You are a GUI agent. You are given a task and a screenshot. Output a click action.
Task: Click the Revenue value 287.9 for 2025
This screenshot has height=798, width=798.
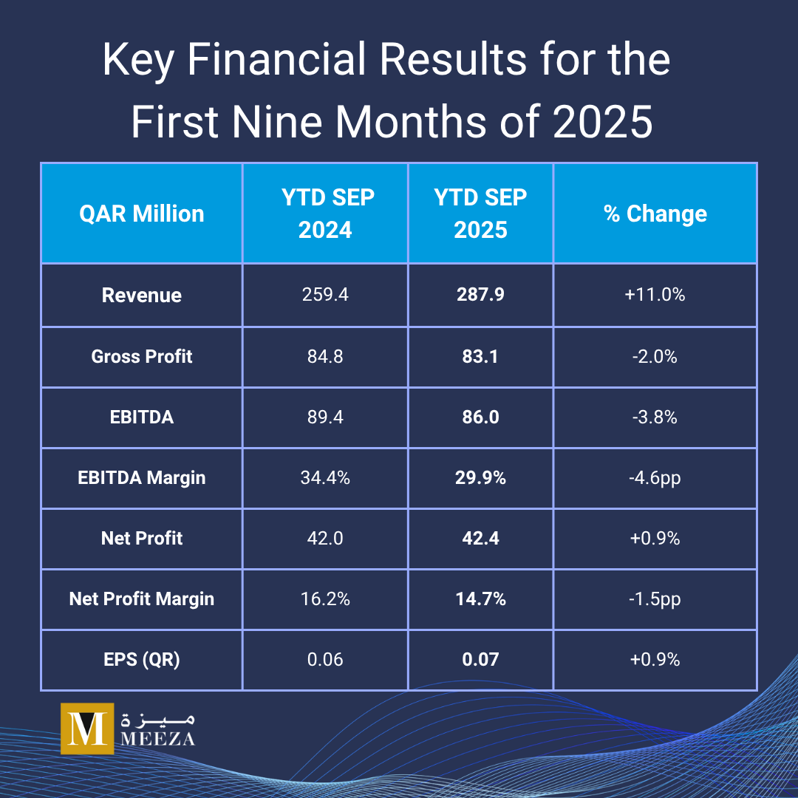pos(480,295)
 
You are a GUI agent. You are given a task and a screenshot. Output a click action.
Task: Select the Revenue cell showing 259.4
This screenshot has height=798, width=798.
pos(325,295)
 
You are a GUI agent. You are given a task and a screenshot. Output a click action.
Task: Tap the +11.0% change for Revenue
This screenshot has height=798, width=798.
pos(655,295)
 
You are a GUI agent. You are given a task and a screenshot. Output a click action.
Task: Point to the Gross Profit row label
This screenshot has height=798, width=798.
pos(142,356)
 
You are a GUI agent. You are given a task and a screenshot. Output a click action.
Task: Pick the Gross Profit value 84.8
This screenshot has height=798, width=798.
pos(325,356)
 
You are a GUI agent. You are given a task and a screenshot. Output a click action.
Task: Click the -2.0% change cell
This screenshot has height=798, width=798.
pos(655,356)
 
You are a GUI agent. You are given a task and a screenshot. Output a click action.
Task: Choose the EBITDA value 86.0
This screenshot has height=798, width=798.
pos(480,417)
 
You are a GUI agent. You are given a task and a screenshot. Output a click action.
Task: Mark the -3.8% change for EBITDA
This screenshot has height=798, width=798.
pos(655,417)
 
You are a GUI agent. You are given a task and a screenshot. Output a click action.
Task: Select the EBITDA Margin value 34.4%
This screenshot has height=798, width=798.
pos(325,477)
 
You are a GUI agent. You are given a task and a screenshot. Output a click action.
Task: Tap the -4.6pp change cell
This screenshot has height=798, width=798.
pos(655,477)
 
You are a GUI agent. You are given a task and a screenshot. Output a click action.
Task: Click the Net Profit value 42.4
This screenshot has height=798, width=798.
pos(480,538)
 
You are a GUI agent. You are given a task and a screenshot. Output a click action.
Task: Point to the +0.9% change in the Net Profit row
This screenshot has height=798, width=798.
pos(655,538)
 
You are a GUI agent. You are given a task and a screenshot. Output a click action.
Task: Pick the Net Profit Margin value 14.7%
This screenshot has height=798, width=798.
pos(480,598)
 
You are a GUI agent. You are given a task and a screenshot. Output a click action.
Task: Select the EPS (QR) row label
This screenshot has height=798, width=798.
pos(142,659)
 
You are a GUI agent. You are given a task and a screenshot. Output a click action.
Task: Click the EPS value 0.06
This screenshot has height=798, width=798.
pos(325,659)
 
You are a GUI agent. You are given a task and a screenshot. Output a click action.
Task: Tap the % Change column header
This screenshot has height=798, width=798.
pos(655,214)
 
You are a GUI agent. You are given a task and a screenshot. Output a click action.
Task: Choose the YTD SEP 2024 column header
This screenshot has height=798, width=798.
pos(325,214)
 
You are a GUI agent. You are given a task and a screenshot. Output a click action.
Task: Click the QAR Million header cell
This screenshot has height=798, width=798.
pos(142,214)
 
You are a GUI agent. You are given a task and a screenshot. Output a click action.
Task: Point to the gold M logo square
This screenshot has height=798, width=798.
pos(87,729)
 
